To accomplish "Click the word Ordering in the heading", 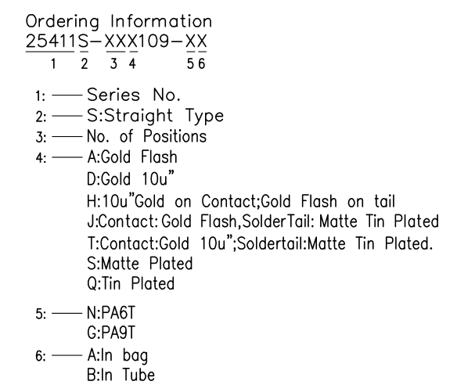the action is coord(63,22).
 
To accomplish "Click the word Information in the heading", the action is coord(161,21).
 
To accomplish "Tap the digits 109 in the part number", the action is coord(153,41).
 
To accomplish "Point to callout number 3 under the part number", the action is coord(113,63).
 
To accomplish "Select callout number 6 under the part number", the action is coord(202,63).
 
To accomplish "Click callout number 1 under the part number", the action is coord(53,63).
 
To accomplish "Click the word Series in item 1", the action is coord(113,95).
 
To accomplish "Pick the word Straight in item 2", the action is coord(139,117).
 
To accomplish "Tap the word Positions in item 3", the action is coord(175,136).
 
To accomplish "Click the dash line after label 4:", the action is coord(67,157).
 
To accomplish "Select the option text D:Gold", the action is coord(109,178).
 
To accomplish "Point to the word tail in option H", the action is coord(384,201).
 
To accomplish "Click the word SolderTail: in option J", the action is coord(279,221).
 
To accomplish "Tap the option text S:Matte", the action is coord(113,264).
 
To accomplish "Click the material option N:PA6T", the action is coord(111,313).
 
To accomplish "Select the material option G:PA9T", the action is coord(111,333).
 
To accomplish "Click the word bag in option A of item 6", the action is coord(135,356).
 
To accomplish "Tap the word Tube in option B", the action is coord(139,375).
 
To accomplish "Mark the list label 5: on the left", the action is coord(41,314).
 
